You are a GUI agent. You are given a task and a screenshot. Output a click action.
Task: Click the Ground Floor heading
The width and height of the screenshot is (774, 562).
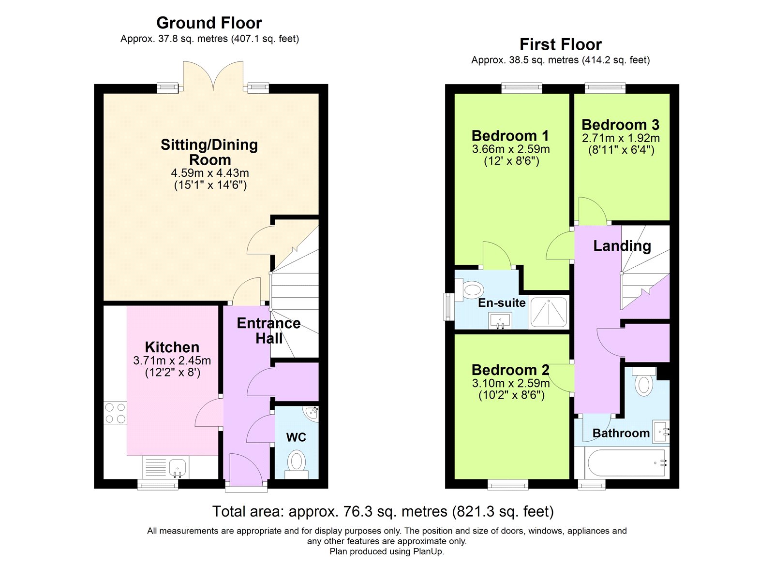point(209,23)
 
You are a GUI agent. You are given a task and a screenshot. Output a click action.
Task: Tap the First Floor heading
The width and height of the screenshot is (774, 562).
point(561,44)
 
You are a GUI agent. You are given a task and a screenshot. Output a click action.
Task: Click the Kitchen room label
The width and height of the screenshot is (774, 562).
point(172,347)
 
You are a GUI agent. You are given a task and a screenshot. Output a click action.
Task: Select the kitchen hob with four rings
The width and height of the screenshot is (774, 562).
point(115,413)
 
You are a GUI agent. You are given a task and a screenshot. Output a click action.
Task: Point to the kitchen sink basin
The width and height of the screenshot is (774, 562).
point(178,467)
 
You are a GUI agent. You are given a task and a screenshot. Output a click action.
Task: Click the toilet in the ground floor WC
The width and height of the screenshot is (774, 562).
point(297,463)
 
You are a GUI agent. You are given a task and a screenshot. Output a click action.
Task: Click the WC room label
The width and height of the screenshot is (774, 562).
point(296,437)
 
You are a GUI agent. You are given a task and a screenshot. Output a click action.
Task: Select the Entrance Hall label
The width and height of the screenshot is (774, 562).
point(269,331)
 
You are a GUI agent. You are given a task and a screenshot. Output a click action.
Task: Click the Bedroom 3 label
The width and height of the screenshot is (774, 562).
point(621,125)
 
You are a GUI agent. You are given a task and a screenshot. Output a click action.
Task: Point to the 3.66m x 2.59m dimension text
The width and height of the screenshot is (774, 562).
point(511,149)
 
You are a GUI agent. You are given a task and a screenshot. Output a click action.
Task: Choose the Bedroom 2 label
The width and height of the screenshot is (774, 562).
point(510,370)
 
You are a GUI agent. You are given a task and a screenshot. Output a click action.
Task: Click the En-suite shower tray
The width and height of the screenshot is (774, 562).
point(549,313)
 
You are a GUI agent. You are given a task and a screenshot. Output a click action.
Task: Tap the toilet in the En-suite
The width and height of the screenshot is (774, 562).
point(469,290)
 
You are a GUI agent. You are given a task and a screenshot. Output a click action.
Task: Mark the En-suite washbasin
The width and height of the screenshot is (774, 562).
point(500,321)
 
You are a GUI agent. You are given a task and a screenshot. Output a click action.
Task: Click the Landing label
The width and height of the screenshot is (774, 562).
point(622,246)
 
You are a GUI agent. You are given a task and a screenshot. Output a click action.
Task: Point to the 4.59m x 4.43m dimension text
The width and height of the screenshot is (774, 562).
point(210,173)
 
